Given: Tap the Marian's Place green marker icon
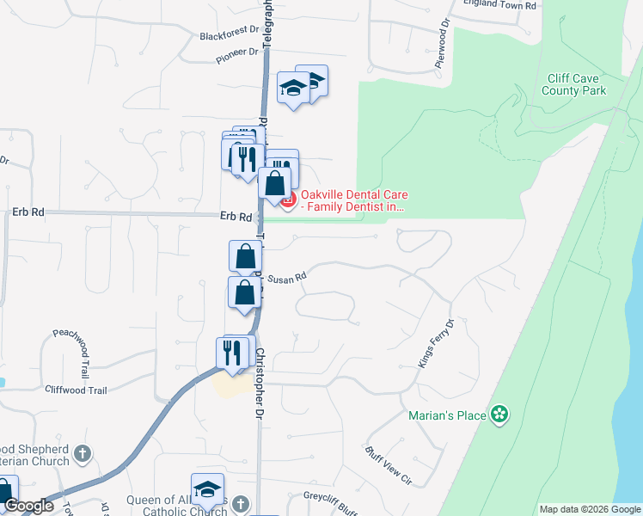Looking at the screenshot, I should click(x=499, y=416).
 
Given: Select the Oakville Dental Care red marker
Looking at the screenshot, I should click(x=288, y=201).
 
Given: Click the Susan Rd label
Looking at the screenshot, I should click(x=287, y=279).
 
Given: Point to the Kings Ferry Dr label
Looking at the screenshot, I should click(x=436, y=344).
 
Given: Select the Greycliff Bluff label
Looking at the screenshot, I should click(x=330, y=499).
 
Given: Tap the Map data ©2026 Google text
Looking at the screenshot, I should click(x=589, y=509).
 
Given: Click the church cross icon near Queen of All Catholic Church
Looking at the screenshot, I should click(x=241, y=502).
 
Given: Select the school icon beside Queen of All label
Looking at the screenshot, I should click(x=207, y=489).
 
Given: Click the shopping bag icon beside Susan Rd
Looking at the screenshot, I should click(x=245, y=255).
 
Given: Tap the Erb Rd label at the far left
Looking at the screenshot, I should click(x=28, y=212).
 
